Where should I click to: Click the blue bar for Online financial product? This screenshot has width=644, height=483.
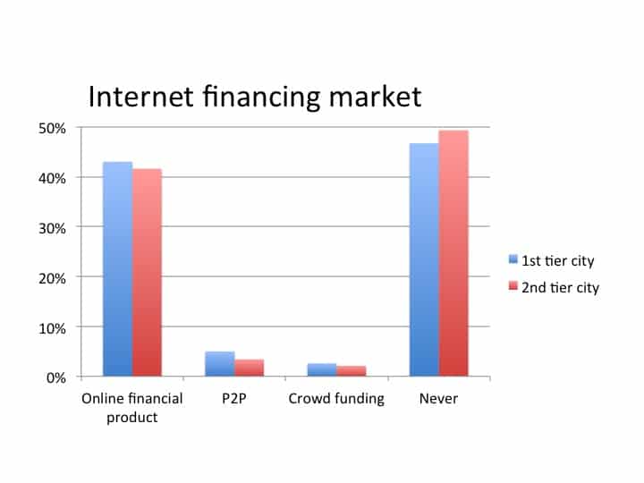coord(117,269)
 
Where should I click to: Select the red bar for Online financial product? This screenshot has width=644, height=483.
coord(147,273)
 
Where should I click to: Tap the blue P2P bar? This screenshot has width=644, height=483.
coord(220,364)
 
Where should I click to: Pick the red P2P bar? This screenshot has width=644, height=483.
coord(250,368)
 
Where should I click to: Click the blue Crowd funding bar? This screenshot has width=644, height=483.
coord(322,369)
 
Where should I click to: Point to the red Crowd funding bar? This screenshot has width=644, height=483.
coord(352,371)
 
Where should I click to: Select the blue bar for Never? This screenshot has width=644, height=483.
coord(424,259)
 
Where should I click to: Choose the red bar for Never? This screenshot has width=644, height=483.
coord(453,253)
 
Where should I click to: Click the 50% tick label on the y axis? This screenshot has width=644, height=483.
coord(52,129)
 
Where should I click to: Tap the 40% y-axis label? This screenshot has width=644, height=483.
coord(52,179)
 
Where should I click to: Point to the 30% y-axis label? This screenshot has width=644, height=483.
coord(52,228)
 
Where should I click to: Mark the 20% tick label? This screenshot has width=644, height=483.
coord(52,278)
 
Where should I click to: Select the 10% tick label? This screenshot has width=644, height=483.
coord(52,328)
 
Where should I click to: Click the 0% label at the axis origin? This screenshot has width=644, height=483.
coord(56,377)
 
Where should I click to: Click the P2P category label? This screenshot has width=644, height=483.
coord(234,398)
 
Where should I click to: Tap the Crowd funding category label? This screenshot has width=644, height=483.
coord(336,399)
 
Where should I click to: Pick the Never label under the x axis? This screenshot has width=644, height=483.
coord(438,398)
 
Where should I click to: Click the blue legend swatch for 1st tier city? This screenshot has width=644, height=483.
coord(513,258)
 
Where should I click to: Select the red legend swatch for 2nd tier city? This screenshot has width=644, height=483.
coord(513,285)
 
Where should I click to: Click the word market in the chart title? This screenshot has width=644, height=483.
coord(376,97)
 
